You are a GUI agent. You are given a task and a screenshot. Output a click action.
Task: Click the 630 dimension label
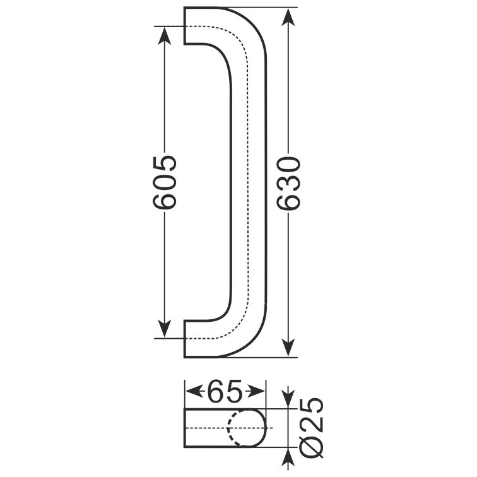pyautogui.click(x=289, y=183)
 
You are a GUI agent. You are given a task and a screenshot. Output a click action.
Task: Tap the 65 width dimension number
pyautogui.click(x=225, y=391)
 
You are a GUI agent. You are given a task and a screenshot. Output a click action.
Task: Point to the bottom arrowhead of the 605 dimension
pyautogui.click(x=164, y=329)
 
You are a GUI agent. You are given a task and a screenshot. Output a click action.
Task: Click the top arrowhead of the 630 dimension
pyautogui.click(x=288, y=17)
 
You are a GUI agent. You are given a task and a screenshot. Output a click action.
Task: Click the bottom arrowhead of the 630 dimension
pyautogui.click(x=288, y=347)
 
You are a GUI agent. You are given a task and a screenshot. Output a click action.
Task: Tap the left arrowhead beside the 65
pyautogui.click(x=194, y=391)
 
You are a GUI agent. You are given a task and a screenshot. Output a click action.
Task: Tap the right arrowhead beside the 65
pyautogui.click(x=256, y=391)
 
